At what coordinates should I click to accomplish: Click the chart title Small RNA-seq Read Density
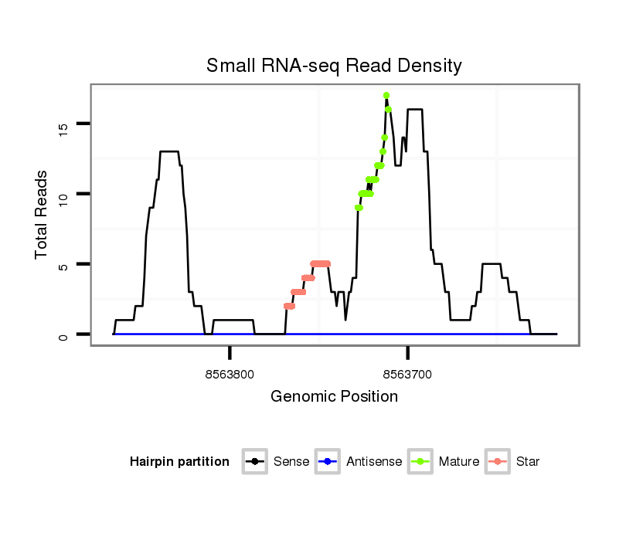334,66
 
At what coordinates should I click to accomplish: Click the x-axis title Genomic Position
334,397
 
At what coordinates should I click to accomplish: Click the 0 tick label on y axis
64,334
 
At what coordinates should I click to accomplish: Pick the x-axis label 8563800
230,375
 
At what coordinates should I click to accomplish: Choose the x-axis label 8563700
408,375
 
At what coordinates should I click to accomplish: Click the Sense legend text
291,462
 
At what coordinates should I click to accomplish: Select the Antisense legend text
374,462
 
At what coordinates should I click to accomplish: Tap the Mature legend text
459,462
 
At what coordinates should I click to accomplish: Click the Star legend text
528,462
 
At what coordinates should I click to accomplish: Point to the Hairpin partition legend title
179,462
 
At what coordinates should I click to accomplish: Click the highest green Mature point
386,95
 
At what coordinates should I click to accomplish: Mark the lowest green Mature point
359,207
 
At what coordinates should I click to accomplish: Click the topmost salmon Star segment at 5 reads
320,263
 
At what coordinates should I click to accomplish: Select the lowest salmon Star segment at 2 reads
289,306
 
